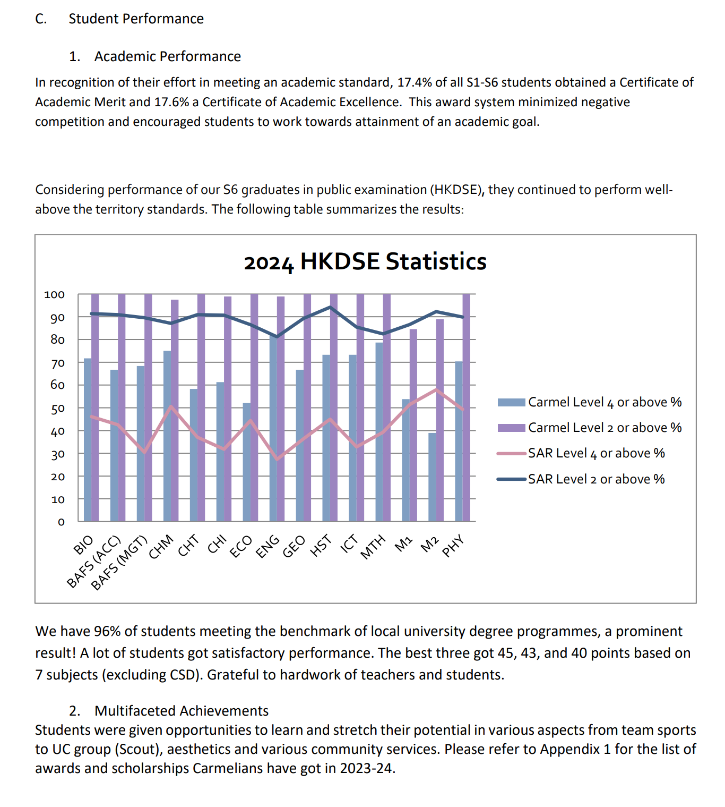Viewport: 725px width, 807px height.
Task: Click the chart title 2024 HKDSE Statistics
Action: (365, 261)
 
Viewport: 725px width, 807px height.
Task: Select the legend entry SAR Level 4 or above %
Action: (596, 453)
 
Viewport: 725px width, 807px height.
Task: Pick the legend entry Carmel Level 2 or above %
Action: (605, 428)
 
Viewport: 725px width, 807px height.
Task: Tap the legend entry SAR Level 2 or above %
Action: (596, 479)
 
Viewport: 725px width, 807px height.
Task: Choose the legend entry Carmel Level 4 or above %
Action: (605, 402)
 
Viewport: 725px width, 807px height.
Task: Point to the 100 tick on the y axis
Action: (54, 294)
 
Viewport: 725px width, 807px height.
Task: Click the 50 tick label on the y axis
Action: (57, 409)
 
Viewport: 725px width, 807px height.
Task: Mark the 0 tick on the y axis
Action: (61, 522)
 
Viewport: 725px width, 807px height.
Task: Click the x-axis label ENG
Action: (267, 546)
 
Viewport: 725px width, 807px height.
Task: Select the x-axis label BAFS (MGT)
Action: (118, 563)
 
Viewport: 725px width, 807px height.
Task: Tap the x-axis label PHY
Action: (453, 546)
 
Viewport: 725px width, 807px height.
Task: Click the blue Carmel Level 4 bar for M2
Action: (433, 477)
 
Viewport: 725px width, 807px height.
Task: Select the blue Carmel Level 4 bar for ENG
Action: (273, 428)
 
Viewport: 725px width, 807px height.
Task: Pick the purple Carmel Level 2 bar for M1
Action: (413, 425)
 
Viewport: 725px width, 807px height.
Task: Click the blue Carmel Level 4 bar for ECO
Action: (247, 462)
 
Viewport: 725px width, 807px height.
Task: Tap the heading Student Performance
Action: (136, 19)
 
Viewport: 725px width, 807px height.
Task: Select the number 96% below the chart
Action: (107, 631)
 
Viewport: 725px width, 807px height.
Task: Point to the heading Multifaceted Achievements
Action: (182, 711)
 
